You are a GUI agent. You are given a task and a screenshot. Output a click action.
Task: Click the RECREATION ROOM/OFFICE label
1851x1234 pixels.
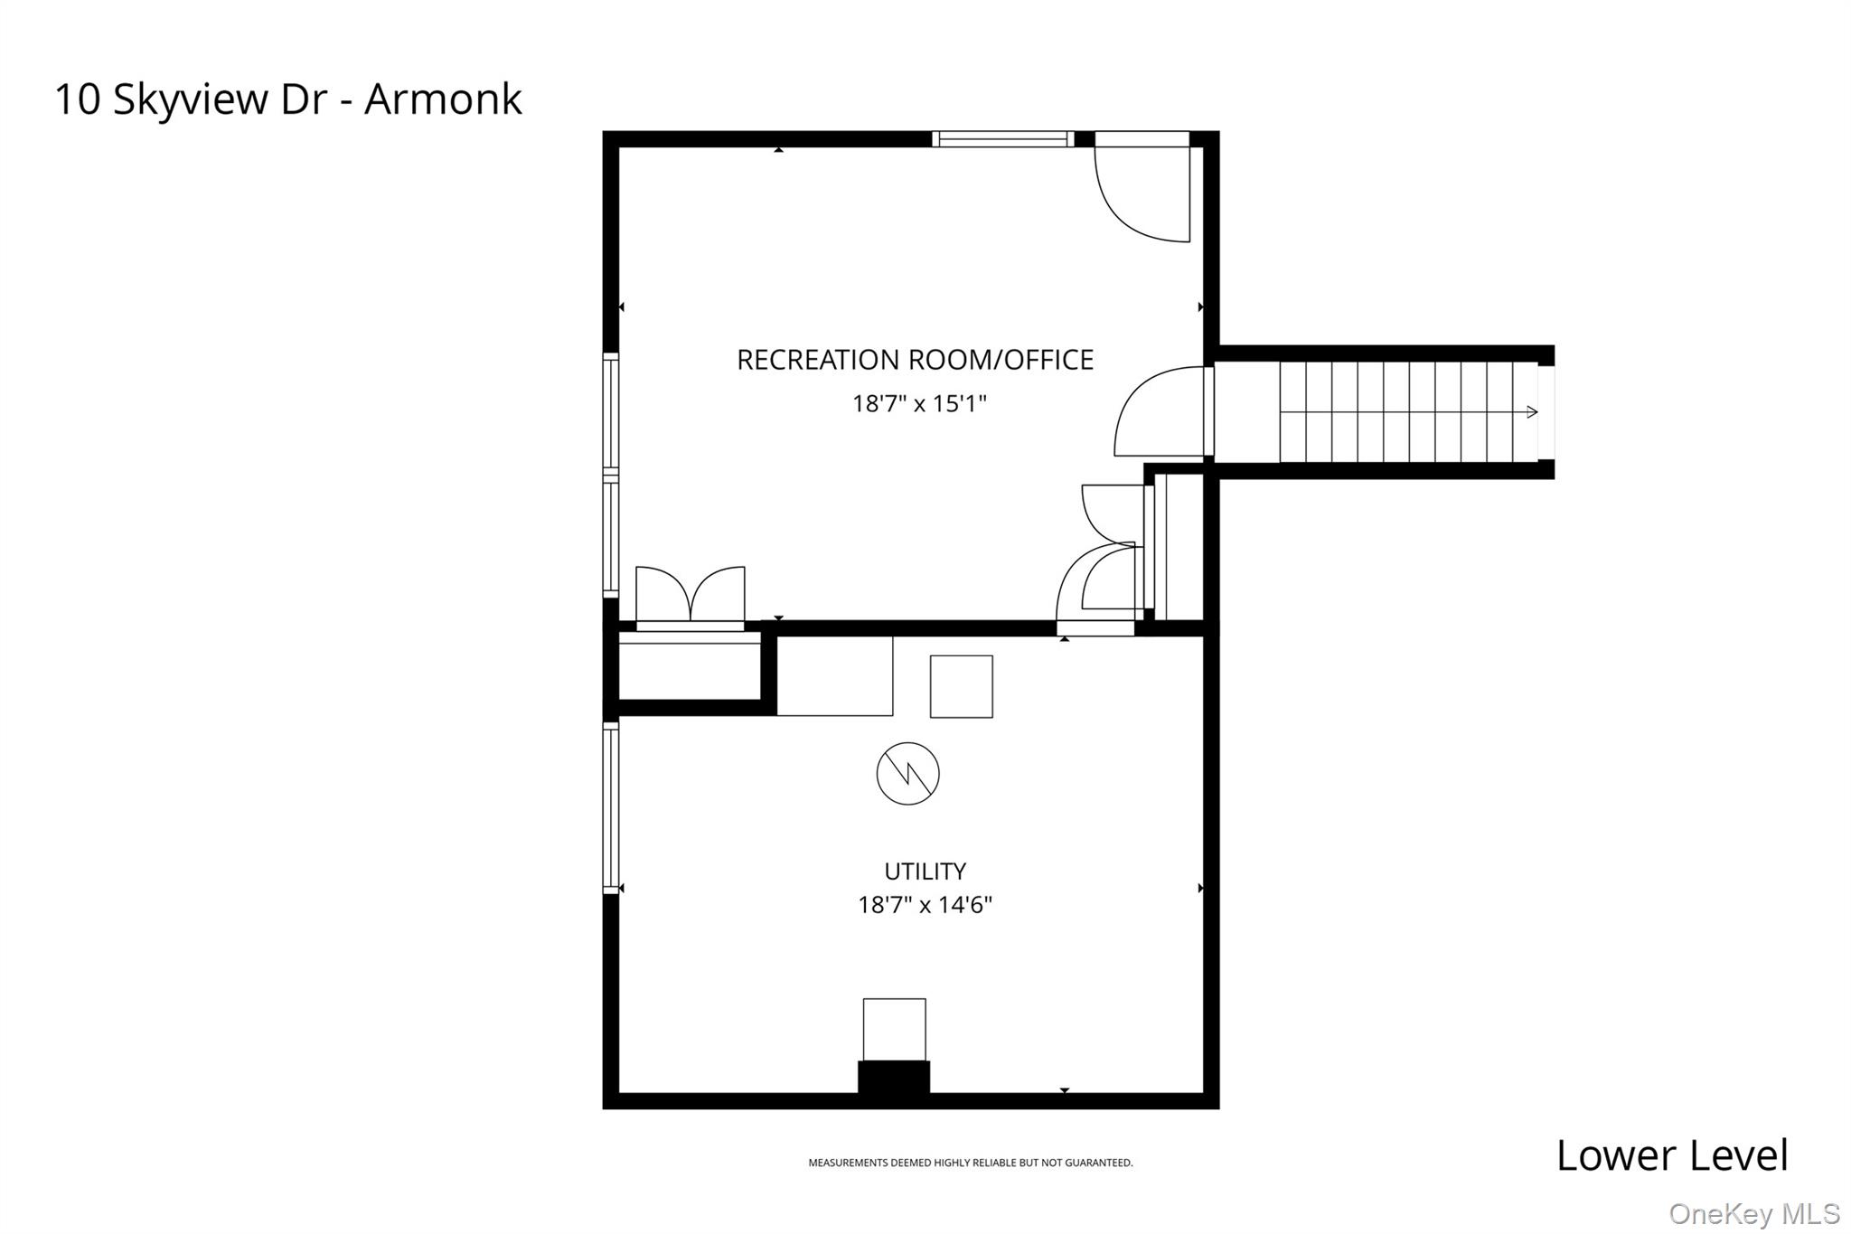point(915,360)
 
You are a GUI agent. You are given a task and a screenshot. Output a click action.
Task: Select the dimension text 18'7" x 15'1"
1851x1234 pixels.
point(919,403)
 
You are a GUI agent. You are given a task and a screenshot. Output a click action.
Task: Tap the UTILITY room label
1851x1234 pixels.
point(925,871)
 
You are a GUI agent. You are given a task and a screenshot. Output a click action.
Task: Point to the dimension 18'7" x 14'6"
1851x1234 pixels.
point(925,905)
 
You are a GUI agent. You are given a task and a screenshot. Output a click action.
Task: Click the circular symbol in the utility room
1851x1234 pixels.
point(908,774)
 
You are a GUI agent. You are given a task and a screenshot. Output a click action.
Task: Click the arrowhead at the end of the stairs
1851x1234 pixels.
point(1532,412)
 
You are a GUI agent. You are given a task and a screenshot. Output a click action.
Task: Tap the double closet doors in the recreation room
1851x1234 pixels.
point(691,597)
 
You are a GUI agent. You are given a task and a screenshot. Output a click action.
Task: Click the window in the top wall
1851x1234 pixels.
point(1003,139)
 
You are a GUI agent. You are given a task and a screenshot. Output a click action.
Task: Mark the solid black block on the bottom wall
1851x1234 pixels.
point(894,1077)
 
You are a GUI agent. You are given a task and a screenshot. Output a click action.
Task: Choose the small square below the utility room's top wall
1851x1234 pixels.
point(962,687)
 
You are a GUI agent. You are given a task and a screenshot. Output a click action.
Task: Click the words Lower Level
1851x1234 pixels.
point(1672,1156)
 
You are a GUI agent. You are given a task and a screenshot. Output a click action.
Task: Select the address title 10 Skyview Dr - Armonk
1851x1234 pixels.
point(288,99)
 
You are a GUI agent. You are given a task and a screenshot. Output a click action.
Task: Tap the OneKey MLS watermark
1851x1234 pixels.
point(1754,1213)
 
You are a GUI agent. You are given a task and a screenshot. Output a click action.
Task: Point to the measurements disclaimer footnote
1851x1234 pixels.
point(970,1163)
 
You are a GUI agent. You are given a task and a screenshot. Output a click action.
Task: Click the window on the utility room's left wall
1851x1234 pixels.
point(611,806)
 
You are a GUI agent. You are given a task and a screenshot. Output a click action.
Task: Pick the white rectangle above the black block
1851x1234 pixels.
point(895,1029)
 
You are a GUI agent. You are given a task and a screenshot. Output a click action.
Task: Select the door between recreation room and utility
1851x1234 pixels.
point(1095,588)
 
